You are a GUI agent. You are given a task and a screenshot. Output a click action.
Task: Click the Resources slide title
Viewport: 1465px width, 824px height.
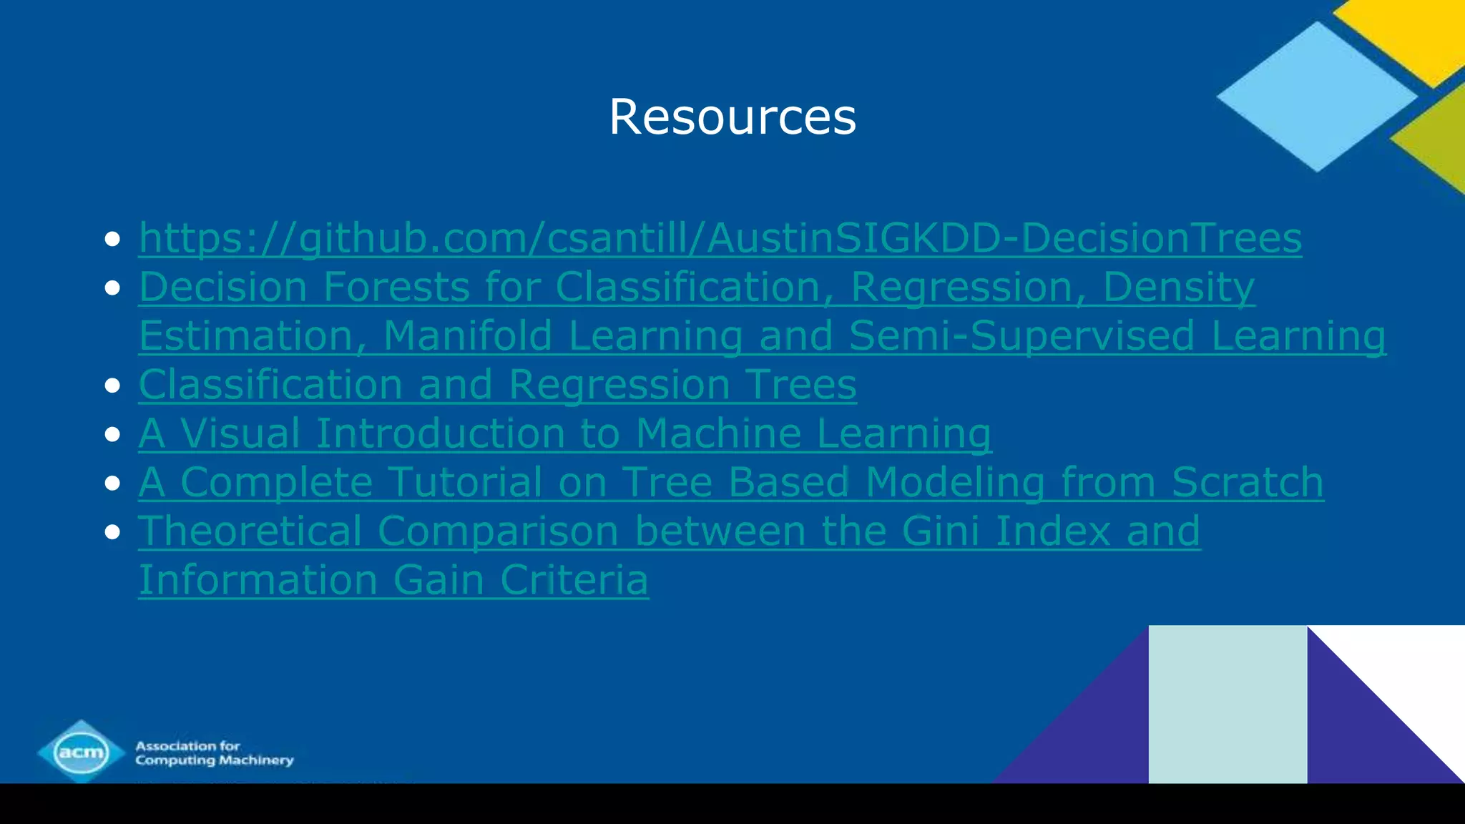732,117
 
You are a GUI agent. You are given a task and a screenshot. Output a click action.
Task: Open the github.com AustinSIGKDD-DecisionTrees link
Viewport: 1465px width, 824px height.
720,237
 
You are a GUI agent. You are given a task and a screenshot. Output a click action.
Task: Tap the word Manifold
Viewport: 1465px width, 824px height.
468,335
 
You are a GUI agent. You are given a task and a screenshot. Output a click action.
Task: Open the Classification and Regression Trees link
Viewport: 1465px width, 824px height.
497,385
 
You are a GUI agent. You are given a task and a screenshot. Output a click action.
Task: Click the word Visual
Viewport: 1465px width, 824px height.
240,433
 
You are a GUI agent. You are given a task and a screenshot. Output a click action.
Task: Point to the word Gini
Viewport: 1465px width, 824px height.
940,531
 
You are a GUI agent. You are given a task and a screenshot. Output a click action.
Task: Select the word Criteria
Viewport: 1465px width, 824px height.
574,579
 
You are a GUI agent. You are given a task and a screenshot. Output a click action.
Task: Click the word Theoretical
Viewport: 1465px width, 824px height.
250,531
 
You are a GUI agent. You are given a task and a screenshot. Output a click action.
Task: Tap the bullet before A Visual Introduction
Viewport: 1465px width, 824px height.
112,434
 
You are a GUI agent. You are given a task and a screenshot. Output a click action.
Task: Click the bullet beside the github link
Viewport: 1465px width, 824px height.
112,239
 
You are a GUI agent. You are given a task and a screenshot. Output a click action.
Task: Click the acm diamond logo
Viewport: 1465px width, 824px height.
81,752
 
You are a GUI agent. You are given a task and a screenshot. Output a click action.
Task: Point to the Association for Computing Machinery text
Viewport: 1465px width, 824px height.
215,752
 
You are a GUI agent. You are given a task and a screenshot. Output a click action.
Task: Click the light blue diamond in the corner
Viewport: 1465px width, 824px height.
1316,97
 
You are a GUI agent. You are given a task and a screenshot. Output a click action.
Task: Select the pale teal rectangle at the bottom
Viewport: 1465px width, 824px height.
1228,705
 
